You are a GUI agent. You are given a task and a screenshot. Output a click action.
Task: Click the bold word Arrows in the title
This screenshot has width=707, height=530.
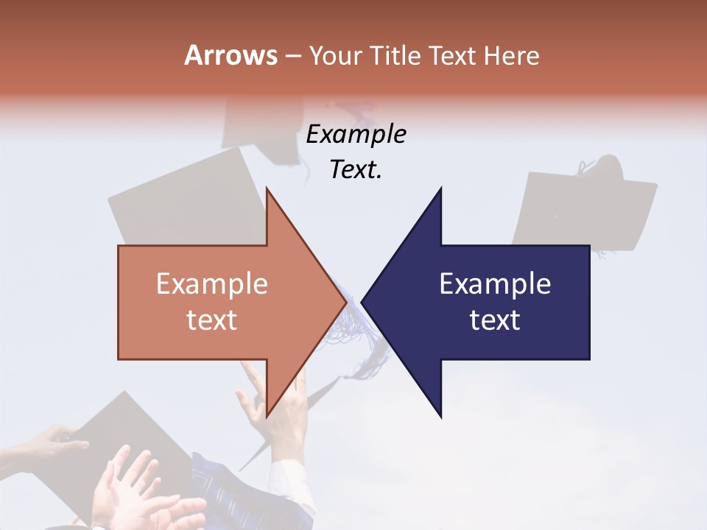231,55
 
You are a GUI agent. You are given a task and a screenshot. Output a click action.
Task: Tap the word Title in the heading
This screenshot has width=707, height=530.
394,56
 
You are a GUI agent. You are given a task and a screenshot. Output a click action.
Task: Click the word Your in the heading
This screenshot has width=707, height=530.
335,56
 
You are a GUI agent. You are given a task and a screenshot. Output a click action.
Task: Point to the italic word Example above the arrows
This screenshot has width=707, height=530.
356,134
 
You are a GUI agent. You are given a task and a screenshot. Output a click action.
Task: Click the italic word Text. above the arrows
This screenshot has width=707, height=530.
356,169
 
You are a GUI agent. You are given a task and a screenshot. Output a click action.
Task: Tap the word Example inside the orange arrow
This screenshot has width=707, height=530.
212,284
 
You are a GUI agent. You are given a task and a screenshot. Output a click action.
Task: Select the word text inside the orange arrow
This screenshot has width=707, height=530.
212,320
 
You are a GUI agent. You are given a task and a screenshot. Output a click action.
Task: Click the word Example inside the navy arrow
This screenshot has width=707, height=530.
495,284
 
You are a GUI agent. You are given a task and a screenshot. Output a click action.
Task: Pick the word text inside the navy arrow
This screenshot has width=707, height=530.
495,320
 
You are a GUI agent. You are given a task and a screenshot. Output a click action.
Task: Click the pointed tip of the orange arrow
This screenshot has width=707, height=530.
345,302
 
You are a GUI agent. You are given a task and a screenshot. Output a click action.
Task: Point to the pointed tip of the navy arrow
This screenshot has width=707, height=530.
363,302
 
